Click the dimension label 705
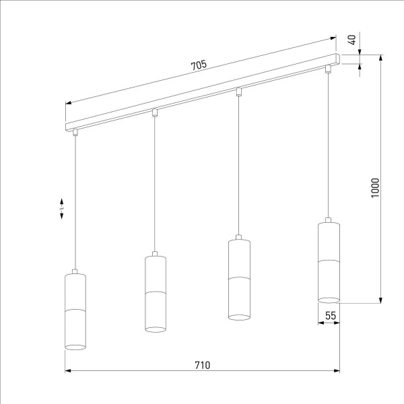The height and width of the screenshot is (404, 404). click(x=198, y=65)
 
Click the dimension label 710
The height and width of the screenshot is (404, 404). click(x=202, y=365)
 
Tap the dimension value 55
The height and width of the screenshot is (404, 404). click(x=329, y=314)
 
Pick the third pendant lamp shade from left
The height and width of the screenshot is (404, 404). click(x=238, y=278)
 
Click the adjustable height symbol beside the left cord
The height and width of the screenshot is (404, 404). click(x=61, y=208)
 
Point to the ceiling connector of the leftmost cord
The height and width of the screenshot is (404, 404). click(x=75, y=133)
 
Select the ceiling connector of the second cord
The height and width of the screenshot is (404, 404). click(x=155, y=112)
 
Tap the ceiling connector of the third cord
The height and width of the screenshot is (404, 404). click(x=238, y=91)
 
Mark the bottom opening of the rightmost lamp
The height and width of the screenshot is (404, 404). click(x=329, y=299)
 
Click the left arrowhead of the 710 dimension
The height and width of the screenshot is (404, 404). click(x=67, y=370)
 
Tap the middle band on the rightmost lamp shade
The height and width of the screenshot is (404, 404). click(x=329, y=260)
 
